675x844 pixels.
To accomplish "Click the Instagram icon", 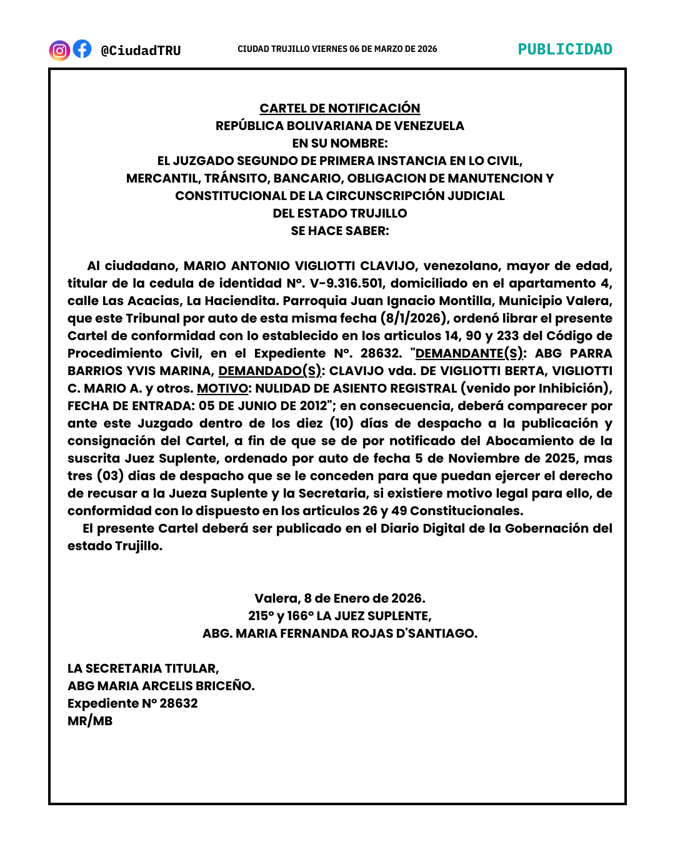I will [x=59, y=50].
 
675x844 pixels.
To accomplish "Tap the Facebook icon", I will [x=82, y=49].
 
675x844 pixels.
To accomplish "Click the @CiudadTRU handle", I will [x=141, y=51].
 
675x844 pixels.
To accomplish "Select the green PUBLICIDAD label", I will [x=565, y=49].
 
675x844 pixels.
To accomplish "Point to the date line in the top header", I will [x=337, y=49].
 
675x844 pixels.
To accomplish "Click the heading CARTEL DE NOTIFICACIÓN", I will [x=340, y=108].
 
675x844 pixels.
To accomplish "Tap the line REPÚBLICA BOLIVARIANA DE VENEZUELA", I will [x=340, y=126].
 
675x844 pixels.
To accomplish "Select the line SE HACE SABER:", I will [x=340, y=231].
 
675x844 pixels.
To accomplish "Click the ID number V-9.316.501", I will [x=346, y=283].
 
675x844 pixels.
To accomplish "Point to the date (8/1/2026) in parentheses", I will [x=415, y=318].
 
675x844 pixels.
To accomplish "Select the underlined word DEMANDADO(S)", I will [x=271, y=371].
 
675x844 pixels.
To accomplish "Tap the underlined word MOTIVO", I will [x=222, y=388].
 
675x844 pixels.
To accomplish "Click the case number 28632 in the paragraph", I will [x=380, y=353].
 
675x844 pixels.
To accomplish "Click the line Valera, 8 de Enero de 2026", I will [x=340, y=598].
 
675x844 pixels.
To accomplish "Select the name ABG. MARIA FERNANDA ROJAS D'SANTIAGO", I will [x=340, y=633].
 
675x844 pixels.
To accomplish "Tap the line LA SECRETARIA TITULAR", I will [x=143, y=668].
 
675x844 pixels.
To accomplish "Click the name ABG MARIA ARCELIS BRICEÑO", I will [x=161, y=686].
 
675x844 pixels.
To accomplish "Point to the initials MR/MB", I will [x=90, y=721].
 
